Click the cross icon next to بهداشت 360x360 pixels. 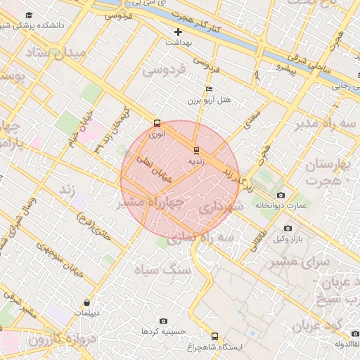tap(179, 32)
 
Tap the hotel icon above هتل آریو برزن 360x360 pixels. tap(208, 89)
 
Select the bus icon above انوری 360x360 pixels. tap(156, 121)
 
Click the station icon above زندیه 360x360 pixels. tap(196, 150)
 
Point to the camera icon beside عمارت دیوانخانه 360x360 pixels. tap(281, 195)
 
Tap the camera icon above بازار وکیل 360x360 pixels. tap(288, 229)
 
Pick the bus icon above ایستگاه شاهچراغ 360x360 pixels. tap(214, 336)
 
